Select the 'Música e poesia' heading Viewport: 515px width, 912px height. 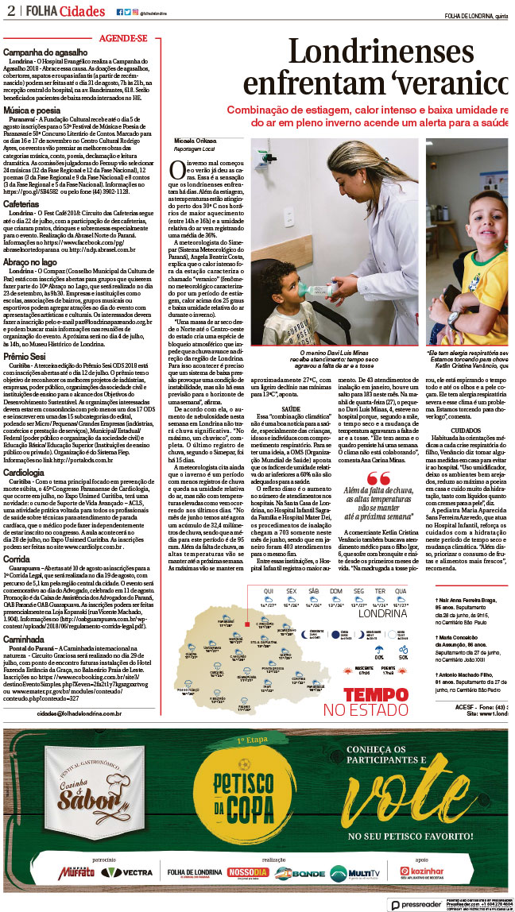[x=32, y=110]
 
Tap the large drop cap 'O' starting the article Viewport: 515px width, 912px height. [x=180, y=168]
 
